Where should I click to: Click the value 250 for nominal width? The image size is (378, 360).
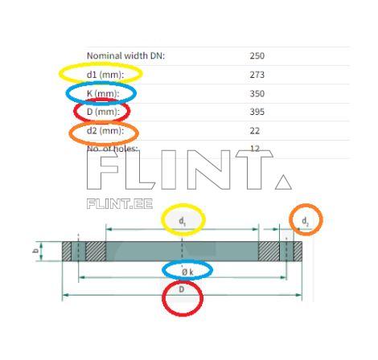257,56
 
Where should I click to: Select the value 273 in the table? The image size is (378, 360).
257,75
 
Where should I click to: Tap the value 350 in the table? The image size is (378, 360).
257,93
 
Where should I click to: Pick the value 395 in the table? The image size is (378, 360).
257,112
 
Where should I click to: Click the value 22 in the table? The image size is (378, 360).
256,130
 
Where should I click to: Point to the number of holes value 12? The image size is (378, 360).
256,149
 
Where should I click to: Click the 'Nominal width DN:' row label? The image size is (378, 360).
125,56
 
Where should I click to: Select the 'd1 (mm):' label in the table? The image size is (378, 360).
103,75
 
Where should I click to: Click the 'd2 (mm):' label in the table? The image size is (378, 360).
105,130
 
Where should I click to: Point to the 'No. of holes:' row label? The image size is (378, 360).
113,149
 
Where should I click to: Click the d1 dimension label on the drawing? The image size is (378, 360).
183,219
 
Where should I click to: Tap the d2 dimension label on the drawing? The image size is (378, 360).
305,220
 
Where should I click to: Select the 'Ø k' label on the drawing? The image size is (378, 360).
187,272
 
